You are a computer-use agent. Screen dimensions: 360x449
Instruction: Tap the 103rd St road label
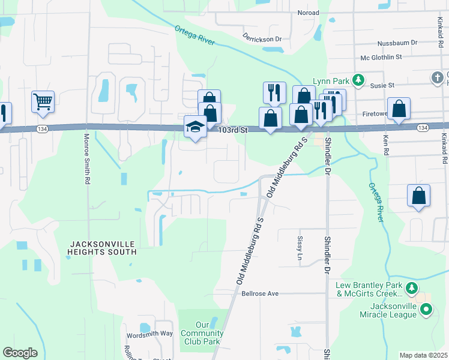point(233,130)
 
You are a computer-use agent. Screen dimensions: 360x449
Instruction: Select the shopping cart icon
point(43,101)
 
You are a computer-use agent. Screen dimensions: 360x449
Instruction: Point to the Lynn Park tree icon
point(358,80)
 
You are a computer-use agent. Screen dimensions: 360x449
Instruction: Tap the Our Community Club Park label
point(202,333)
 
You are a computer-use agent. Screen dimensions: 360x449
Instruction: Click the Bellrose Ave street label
point(261,293)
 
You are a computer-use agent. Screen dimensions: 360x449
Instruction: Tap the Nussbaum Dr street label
point(397,43)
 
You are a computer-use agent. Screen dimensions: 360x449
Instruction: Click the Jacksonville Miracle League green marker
point(426,310)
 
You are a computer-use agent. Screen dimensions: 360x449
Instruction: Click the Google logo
point(20,353)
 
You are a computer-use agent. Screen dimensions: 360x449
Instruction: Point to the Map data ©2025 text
point(423,355)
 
